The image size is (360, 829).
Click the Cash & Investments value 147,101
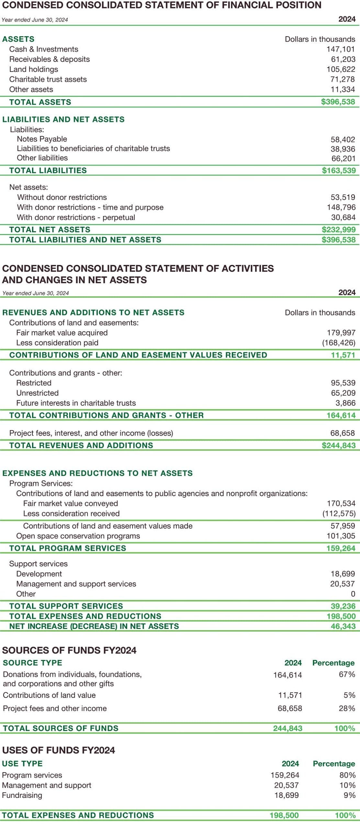(x=341, y=49)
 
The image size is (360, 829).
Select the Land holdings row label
(x=34, y=69)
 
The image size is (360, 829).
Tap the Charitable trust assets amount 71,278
(x=343, y=79)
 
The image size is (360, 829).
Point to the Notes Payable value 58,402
(x=343, y=140)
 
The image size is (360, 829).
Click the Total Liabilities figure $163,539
(x=339, y=170)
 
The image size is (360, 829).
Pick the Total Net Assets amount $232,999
(x=339, y=230)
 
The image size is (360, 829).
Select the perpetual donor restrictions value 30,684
(x=343, y=217)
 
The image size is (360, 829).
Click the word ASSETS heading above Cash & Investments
(x=18, y=39)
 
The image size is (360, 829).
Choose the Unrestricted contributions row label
(x=38, y=393)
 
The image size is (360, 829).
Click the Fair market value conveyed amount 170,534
(x=341, y=503)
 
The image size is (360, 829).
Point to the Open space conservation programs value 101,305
(x=341, y=536)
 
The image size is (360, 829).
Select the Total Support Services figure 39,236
(x=343, y=606)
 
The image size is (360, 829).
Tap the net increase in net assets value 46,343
(x=343, y=626)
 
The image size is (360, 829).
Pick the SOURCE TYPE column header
(x=32, y=663)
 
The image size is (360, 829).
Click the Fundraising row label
(x=22, y=795)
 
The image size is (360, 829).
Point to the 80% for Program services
(x=348, y=775)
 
